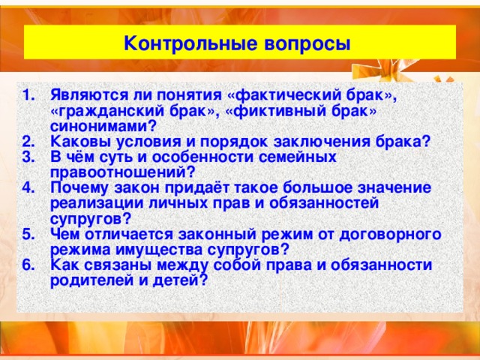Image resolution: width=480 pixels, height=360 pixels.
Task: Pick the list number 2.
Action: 28,141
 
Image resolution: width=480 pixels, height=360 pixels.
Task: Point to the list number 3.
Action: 28,156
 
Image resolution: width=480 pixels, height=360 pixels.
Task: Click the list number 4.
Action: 28,187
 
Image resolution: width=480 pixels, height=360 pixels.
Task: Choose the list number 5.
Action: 28,233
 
